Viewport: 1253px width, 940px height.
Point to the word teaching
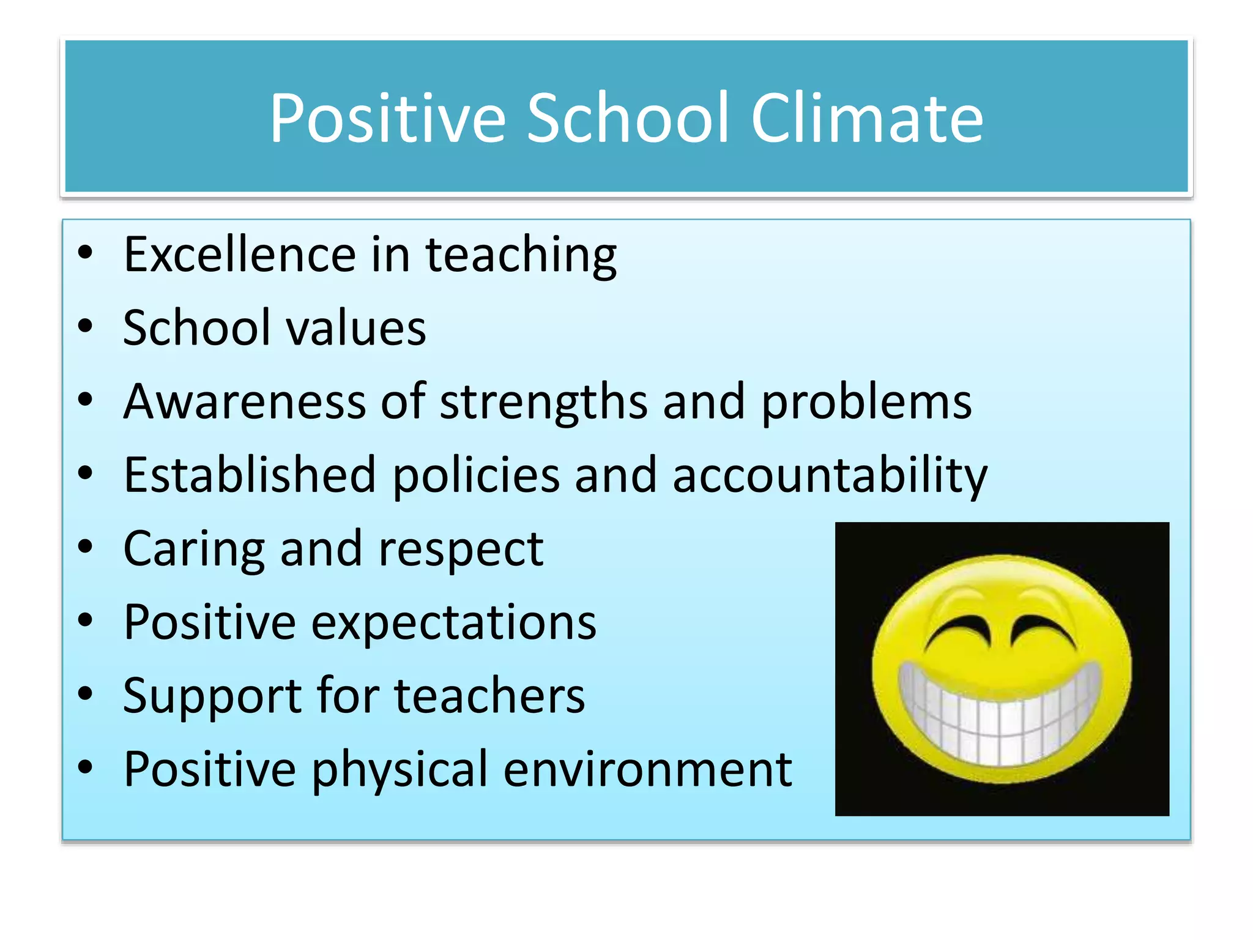click(x=521, y=256)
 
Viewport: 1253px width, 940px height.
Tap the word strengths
click(x=544, y=403)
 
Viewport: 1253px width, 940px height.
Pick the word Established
click(x=250, y=475)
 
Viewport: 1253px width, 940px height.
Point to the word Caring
click(x=194, y=550)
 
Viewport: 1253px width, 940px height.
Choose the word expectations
click(x=453, y=623)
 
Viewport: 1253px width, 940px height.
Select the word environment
click(x=647, y=769)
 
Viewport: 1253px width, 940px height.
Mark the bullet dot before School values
click(x=86, y=326)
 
